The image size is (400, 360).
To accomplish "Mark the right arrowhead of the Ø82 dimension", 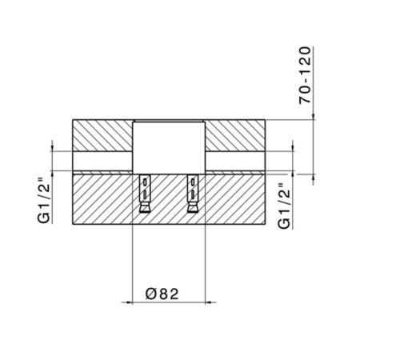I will pyautogui.click(x=210, y=302).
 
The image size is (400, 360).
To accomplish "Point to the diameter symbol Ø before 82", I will pyautogui.click(x=152, y=293).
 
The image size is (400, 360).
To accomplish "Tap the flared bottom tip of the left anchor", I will pyautogui.click(x=145, y=210).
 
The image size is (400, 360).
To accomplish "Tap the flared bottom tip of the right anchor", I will pyautogui.click(x=192, y=210).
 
